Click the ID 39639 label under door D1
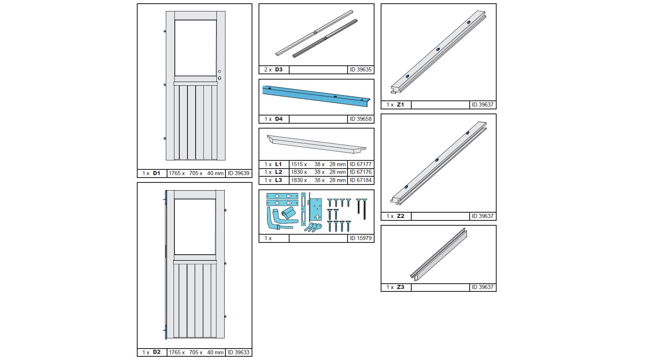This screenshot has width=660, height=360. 239,173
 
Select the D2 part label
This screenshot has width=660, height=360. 157,352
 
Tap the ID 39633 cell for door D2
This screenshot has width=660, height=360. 239,352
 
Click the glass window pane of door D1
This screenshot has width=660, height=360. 195,48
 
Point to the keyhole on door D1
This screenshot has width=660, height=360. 219,78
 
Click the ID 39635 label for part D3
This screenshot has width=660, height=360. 361,70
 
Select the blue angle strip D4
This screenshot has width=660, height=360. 316,96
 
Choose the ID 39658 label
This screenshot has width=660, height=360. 361,119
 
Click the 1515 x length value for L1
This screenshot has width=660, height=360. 299,164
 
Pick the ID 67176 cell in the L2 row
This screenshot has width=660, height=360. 361,172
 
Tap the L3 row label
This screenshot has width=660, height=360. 279,180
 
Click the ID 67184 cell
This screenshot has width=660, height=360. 361,180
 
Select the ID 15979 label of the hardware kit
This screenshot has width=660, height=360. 361,238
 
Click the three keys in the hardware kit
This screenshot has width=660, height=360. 313,227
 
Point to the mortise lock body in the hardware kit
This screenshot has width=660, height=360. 314,209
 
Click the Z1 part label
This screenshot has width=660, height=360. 400,104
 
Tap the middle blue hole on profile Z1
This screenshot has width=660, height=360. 438,49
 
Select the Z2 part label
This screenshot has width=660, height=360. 400,216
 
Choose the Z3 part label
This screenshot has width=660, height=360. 400,287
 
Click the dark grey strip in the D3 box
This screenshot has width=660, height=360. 325,38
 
